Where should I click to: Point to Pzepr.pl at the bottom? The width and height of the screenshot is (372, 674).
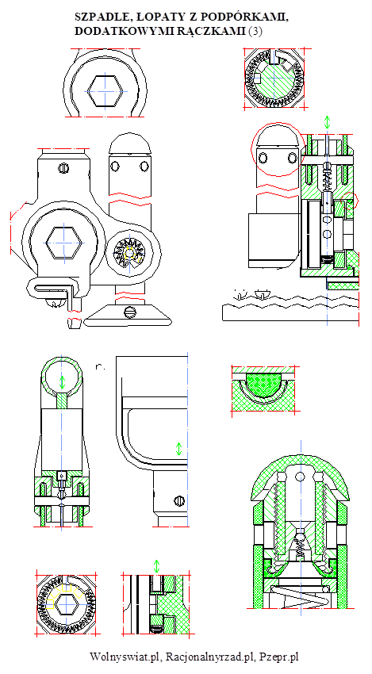pos(279,657)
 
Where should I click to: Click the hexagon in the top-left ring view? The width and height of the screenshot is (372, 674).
pos(105,91)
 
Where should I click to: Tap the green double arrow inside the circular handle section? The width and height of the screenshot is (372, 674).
pos(63,381)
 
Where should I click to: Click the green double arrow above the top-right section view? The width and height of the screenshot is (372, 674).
pos(328,122)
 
